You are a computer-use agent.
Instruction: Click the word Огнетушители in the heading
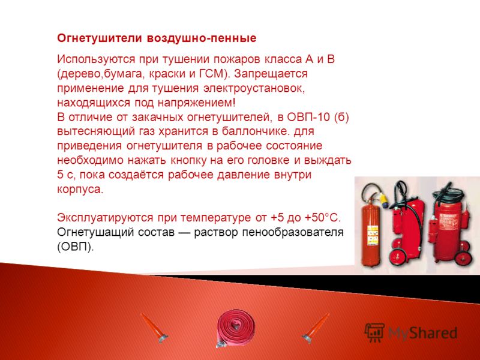coord(100,38)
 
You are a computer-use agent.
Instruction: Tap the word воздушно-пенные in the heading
coord(201,39)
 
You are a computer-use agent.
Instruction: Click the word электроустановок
coord(254,88)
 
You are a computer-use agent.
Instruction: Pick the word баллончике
coord(256,131)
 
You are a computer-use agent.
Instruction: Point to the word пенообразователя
coord(293,233)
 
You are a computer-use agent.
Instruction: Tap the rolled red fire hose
coord(235,328)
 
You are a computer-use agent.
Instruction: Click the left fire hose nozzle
coord(154,328)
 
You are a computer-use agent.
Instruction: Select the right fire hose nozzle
coord(316,328)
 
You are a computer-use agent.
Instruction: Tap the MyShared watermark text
coord(423,333)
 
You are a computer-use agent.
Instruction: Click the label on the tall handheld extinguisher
coord(373,235)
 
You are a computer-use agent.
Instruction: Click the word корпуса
coord(80,190)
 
